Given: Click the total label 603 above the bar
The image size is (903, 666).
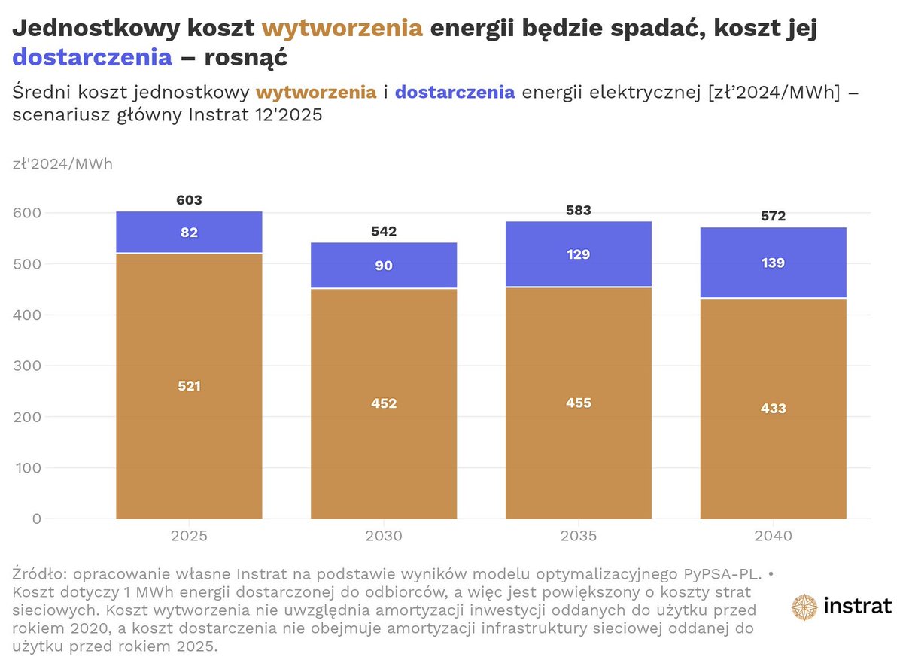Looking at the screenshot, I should coord(189,201).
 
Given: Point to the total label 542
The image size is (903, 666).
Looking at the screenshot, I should coord(384,231).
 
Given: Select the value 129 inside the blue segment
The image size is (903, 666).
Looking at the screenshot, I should coord(579,254).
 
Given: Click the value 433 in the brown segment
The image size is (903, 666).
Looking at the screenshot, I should coord(773,409).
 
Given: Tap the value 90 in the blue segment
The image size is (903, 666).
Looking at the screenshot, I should coord(384,266).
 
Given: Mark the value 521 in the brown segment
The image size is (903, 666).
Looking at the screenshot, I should coord(189,386).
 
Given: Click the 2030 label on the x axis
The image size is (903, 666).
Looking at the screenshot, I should coord(384,537).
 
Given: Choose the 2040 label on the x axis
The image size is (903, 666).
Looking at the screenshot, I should coord(773,537).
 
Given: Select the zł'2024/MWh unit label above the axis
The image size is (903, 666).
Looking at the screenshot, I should coord(62,163).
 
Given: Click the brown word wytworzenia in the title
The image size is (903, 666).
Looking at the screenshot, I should coord(342,29).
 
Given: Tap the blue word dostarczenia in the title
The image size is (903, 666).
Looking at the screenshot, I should coord(93,57).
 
